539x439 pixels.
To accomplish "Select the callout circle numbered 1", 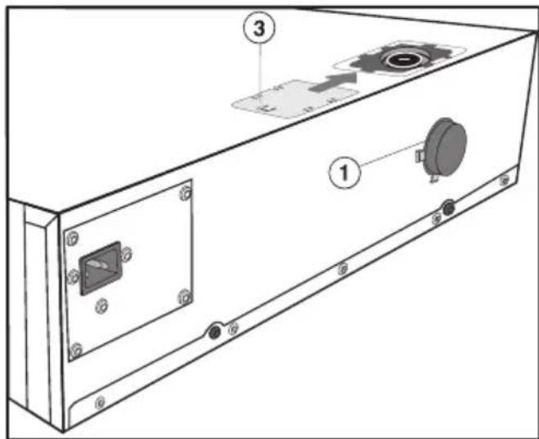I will coord(344,173).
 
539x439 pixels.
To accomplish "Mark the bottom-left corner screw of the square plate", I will coord(77,349).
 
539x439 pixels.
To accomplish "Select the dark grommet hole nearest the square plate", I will coord(214,331).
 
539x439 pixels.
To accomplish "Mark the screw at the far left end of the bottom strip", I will coord(100,401).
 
